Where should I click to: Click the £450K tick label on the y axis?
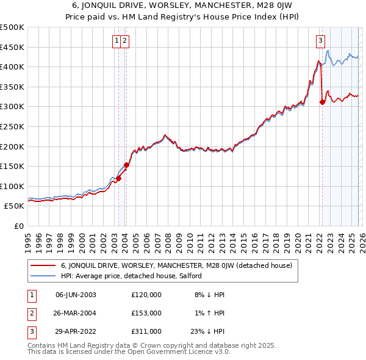point(12,47)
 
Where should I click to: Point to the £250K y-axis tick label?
point(12,126)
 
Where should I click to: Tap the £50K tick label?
point(15,206)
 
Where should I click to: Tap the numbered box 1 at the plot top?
point(116,41)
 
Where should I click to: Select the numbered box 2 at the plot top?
point(124,41)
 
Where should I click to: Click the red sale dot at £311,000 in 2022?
point(322,103)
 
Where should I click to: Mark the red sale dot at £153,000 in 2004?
point(127,165)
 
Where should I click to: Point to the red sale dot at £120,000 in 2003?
point(118,178)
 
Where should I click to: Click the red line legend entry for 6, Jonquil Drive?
point(176,265)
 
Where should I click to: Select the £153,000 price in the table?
point(146,312)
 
